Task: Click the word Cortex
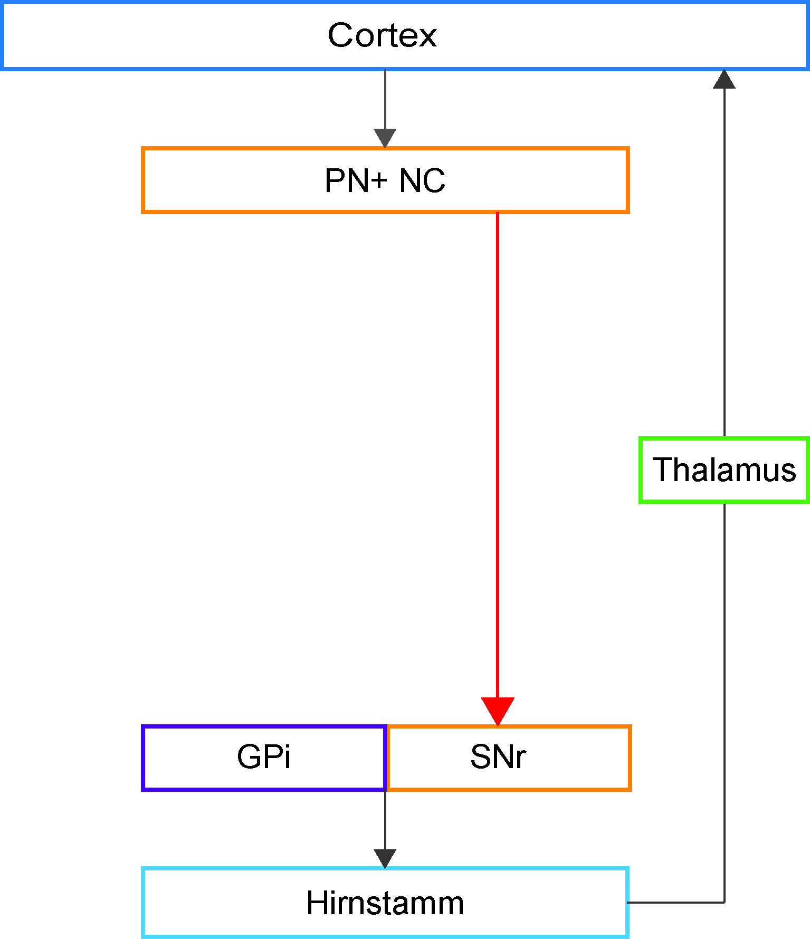[x=382, y=35]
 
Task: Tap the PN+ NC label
[x=385, y=180]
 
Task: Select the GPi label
[x=264, y=757]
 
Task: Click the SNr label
[x=498, y=757]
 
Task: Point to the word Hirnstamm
[x=385, y=903]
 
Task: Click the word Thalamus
[x=724, y=469]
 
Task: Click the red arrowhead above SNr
[x=498, y=712]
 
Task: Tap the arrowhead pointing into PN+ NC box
[x=385, y=138]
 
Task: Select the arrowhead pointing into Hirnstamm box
[x=385, y=859]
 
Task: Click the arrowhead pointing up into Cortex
[x=724, y=79]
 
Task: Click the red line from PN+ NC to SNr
[x=498, y=455]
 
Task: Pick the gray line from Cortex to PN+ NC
[x=385, y=99]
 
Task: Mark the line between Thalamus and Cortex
[x=724, y=263]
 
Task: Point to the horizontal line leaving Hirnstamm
[x=675, y=903]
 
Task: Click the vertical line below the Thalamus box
[x=724, y=703]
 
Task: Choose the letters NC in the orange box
[x=422, y=180]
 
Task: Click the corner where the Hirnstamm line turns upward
[x=724, y=903]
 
